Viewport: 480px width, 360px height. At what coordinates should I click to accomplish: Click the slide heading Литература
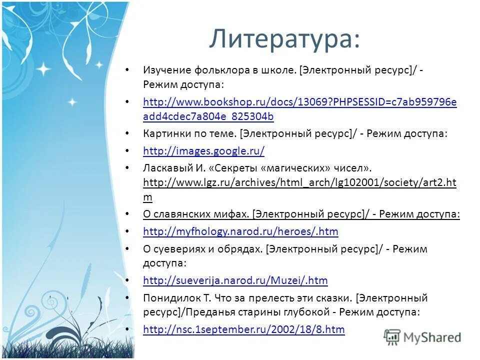(284, 38)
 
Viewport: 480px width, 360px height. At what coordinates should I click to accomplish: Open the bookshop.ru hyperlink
(299, 102)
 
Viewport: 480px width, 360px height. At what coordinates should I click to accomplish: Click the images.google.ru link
(203, 150)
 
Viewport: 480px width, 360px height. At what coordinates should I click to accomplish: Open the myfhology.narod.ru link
(240, 231)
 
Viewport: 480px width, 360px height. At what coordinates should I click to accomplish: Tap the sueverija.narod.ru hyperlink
(235, 280)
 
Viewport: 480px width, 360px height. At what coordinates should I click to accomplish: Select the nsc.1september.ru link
(243, 329)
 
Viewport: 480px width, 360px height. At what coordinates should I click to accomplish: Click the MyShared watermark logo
(422, 336)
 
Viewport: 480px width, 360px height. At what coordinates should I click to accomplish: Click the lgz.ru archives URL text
(299, 182)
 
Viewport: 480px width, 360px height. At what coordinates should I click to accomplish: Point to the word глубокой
(307, 312)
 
